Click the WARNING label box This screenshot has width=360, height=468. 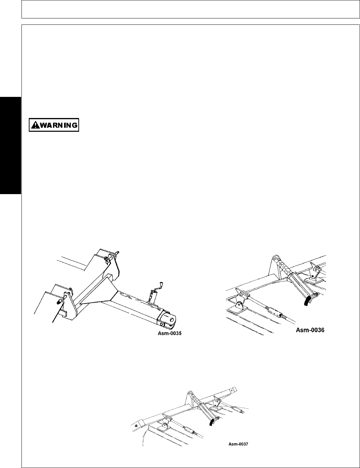[x=54, y=125]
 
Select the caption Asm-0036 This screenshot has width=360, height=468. [x=310, y=330]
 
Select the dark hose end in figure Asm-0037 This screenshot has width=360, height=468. [x=211, y=423]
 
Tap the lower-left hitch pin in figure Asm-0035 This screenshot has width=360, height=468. [x=59, y=301]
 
